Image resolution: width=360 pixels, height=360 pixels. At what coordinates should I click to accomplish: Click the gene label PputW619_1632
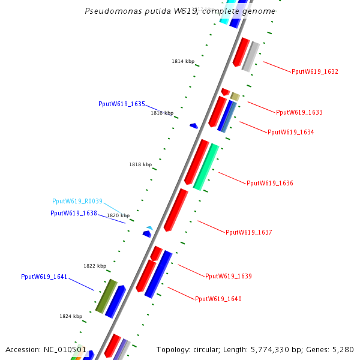(314, 72)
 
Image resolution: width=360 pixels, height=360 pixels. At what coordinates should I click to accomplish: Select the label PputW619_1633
(299, 112)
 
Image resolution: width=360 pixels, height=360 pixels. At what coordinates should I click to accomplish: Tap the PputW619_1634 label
(290, 132)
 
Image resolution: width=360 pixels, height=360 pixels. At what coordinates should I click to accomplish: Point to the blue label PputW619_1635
(122, 104)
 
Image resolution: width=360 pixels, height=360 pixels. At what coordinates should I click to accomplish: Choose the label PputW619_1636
(269, 183)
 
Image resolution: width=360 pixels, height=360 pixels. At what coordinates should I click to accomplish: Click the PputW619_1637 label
(248, 233)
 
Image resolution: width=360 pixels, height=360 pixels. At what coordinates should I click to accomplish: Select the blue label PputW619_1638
(74, 214)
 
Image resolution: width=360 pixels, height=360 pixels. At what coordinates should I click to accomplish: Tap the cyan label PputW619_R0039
(77, 202)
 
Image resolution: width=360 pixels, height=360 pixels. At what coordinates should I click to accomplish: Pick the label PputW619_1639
(228, 277)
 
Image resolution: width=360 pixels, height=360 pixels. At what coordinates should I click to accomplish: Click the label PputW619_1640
(218, 299)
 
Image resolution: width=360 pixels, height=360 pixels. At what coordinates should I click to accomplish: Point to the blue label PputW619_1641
(44, 277)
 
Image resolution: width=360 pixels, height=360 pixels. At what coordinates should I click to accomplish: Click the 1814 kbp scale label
(183, 62)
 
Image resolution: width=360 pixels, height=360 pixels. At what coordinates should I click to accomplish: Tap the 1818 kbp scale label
(140, 164)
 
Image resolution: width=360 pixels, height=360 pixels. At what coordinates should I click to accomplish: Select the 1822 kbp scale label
(95, 266)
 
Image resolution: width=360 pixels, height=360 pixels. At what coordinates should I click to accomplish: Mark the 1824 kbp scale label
(70, 316)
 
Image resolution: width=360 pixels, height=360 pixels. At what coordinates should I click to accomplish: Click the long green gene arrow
(205, 167)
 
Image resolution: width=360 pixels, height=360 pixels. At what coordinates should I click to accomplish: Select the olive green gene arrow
(106, 296)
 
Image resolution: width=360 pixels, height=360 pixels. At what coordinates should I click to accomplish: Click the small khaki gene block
(235, 97)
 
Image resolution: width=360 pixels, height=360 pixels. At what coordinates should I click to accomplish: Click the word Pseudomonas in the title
(111, 11)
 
